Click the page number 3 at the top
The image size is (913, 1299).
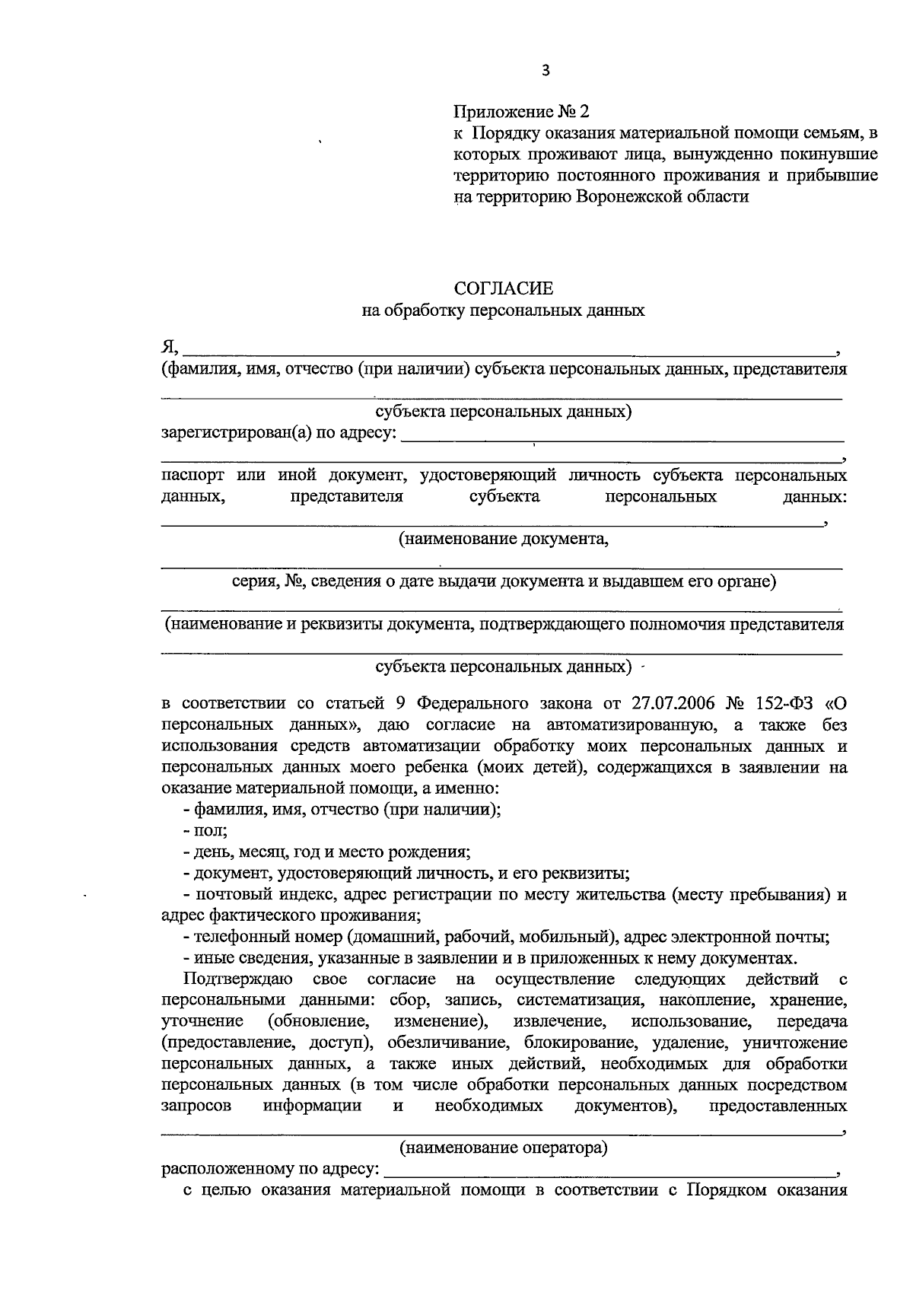coord(545,71)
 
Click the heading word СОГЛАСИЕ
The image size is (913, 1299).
coord(504,288)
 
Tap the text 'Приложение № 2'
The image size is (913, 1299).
coord(521,112)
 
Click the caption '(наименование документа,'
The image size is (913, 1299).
coord(504,540)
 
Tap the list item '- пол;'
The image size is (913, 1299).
coord(200,831)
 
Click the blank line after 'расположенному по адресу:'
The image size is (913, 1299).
coord(609,1170)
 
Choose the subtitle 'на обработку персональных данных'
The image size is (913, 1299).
coord(504,310)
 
